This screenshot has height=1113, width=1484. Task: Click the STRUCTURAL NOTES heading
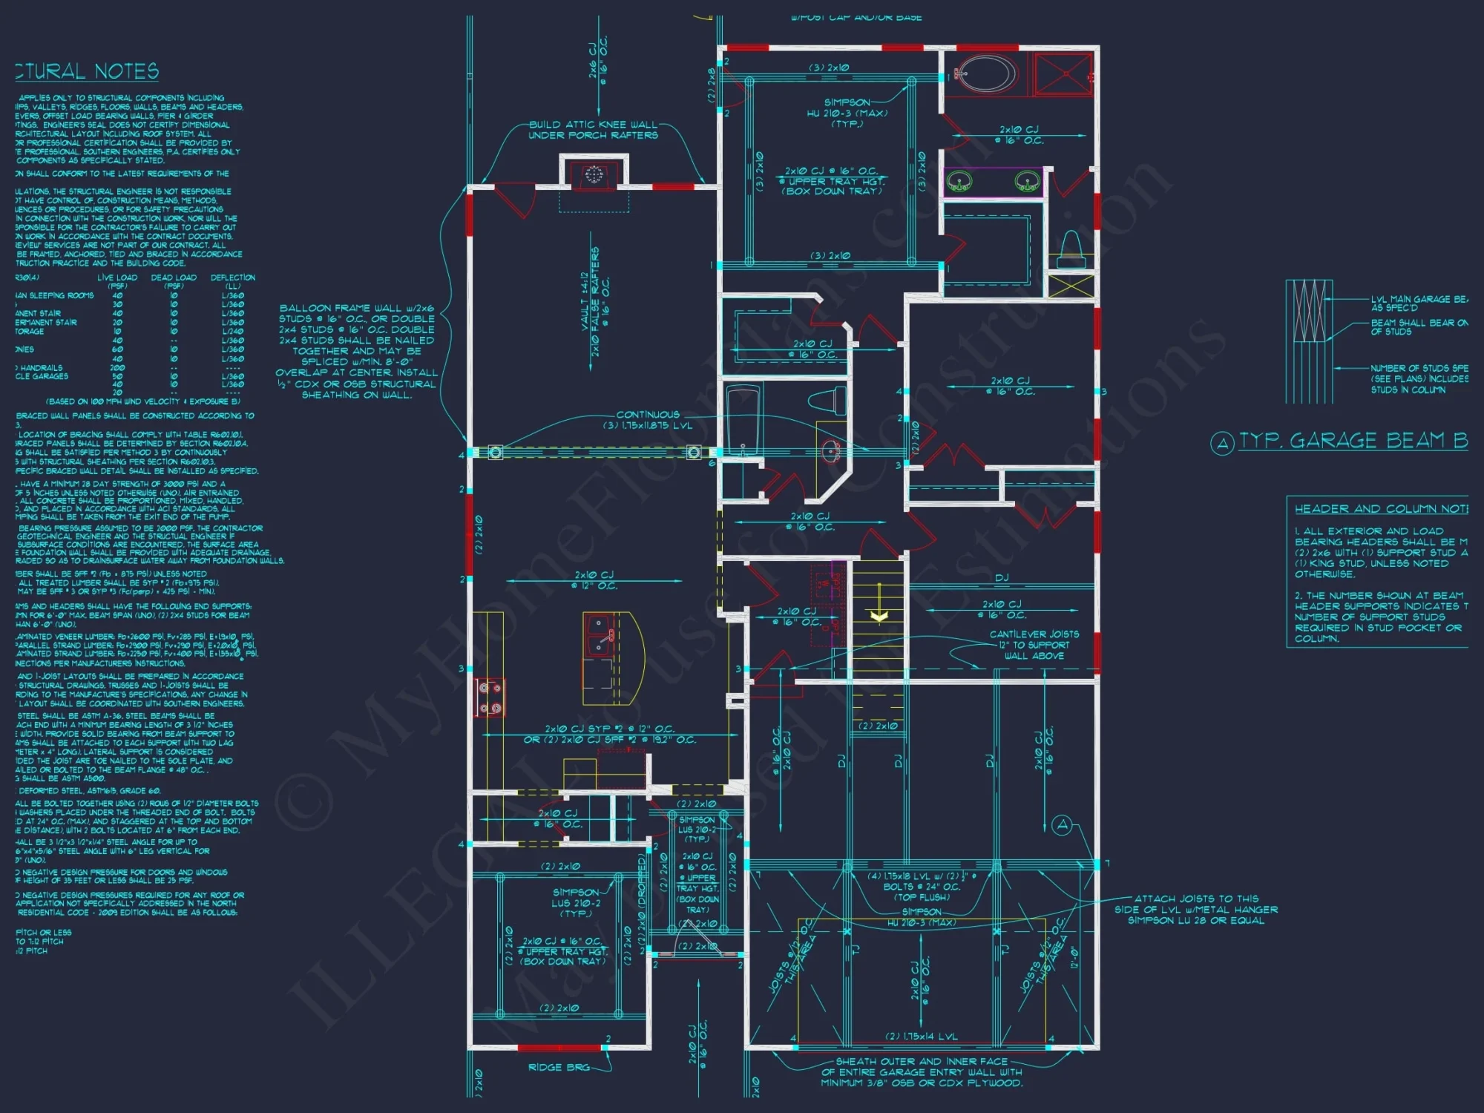pos(88,71)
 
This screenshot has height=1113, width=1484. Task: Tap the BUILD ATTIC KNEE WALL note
pos(593,130)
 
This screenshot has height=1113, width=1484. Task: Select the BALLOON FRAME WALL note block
pos(356,351)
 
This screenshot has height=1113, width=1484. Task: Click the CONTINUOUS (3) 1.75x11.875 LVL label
pos(647,420)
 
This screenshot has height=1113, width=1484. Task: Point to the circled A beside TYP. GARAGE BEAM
pos(1222,443)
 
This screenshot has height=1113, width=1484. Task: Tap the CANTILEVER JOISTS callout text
pos(1034,645)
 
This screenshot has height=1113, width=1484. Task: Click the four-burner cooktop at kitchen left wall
pos(490,697)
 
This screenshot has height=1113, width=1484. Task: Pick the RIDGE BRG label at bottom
pos(559,1067)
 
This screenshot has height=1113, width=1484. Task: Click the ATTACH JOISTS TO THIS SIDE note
pos(1195,909)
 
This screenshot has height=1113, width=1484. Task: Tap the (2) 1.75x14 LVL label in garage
pos(921,1037)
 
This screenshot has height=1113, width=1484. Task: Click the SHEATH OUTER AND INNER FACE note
pos(922,1072)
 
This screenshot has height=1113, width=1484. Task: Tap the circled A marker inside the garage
pos(1063,825)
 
